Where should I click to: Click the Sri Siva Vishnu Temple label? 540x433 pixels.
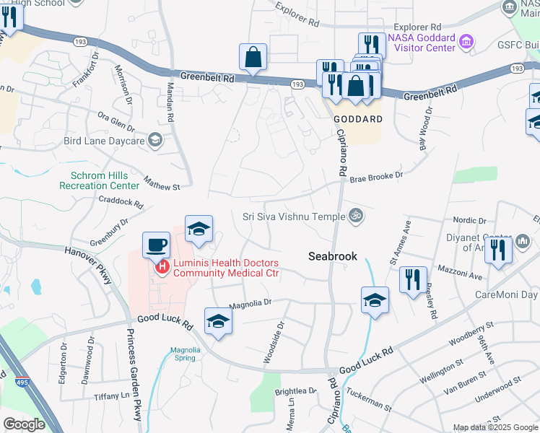coord(293,215)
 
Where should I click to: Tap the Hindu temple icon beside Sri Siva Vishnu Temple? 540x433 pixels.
coord(354,215)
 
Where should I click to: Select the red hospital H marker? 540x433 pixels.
coord(162,268)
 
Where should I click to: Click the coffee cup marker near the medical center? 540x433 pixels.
coord(156,245)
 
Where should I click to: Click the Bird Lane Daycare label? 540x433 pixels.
coord(105,141)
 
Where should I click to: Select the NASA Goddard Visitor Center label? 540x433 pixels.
coord(422,43)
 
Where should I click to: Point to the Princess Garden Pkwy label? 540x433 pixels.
coord(134,375)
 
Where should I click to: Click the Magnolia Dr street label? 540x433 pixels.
coord(249,304)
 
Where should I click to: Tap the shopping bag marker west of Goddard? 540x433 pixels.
coord(253,57)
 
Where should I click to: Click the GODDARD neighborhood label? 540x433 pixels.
coord(357,118)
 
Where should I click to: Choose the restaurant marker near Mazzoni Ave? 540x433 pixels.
coord(412,279)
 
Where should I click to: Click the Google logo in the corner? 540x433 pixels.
coord(24,424)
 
